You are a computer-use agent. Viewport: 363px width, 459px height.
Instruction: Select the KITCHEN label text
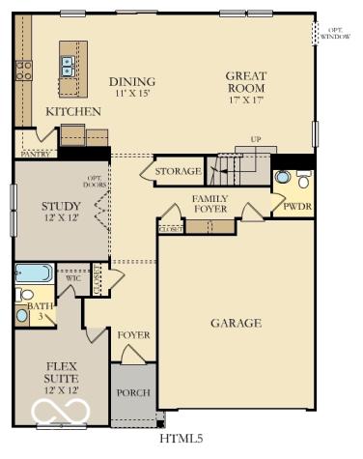pos(73,112)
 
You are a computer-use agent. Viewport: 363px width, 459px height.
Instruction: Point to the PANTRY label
pos(36,153)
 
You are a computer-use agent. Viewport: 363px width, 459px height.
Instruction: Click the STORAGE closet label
pos(178,171)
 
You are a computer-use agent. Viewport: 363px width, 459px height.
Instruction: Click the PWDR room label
pos(296,206)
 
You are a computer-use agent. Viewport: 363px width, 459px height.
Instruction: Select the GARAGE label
pos(236,323)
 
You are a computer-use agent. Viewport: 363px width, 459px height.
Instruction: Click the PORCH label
pos(132,393)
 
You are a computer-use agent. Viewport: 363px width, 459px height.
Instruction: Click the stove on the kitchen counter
pos(23,70)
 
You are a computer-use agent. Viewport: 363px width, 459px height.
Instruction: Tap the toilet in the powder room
pos(303,179)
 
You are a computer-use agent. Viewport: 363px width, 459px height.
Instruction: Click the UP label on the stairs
pos(255,140)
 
